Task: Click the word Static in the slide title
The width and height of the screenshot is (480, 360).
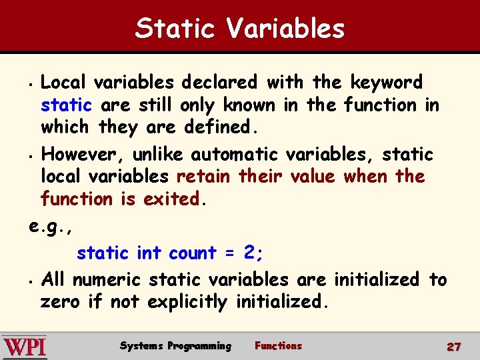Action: pyautogui.click(x=175, y=29)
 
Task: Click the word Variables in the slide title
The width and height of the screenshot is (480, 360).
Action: pyautogui.click(x=285, y=29)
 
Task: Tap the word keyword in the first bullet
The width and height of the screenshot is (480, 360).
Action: pyautogui.click(x=387, y=83)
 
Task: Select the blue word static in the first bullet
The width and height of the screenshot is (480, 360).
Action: pyautogui.click(x=66, y=105)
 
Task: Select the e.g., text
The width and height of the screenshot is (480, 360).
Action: pyautogui.click(x=51, y=226)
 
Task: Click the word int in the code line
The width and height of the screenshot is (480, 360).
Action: pyautogui.click(x=149, y=253)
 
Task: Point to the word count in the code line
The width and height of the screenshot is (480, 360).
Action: pyautogui.click(x=192, y=253)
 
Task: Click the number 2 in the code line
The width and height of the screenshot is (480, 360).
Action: pyautogui.click(x=249, y=253)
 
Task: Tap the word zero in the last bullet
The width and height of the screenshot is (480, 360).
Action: pyautogui.click(x=60, y=302)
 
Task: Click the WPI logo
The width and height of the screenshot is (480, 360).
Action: pyautogui.click(x=25, y=347)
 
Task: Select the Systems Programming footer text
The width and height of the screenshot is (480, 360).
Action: pyautogui.click(x=175, y=346)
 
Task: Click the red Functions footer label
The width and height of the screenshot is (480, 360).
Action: pyautogui.click(x=278, y=346)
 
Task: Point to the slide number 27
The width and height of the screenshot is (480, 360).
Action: pyautogui.click(x=454, y=347)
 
